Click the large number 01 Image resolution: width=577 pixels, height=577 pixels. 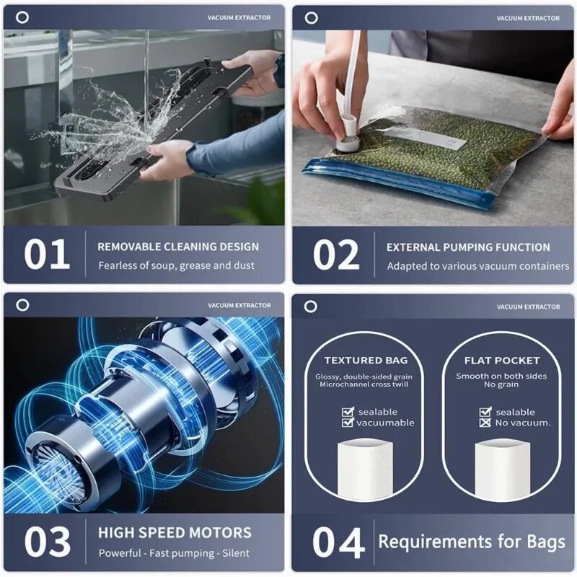47,255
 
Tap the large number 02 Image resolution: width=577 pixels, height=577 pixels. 336,255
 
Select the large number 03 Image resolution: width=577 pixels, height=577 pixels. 47,542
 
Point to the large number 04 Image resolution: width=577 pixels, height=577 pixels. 338,542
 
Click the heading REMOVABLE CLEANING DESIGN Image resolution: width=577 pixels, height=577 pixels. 178,247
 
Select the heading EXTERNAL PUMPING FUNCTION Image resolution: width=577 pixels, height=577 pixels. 468,247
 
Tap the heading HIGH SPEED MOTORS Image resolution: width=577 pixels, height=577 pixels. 175,534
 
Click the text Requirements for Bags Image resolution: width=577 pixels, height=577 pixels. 472,541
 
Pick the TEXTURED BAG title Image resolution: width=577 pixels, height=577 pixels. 366,360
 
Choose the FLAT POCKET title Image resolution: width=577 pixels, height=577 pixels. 502,360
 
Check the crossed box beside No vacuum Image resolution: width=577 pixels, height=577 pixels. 485,423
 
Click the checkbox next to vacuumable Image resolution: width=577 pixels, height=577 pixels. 348,423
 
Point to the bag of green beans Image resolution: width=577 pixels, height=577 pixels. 433,155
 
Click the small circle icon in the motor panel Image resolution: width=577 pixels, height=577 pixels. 22,305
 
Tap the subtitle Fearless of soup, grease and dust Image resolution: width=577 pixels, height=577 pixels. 176,265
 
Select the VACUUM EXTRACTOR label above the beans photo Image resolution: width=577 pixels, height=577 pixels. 528,18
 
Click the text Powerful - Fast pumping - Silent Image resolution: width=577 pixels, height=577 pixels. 174,553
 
